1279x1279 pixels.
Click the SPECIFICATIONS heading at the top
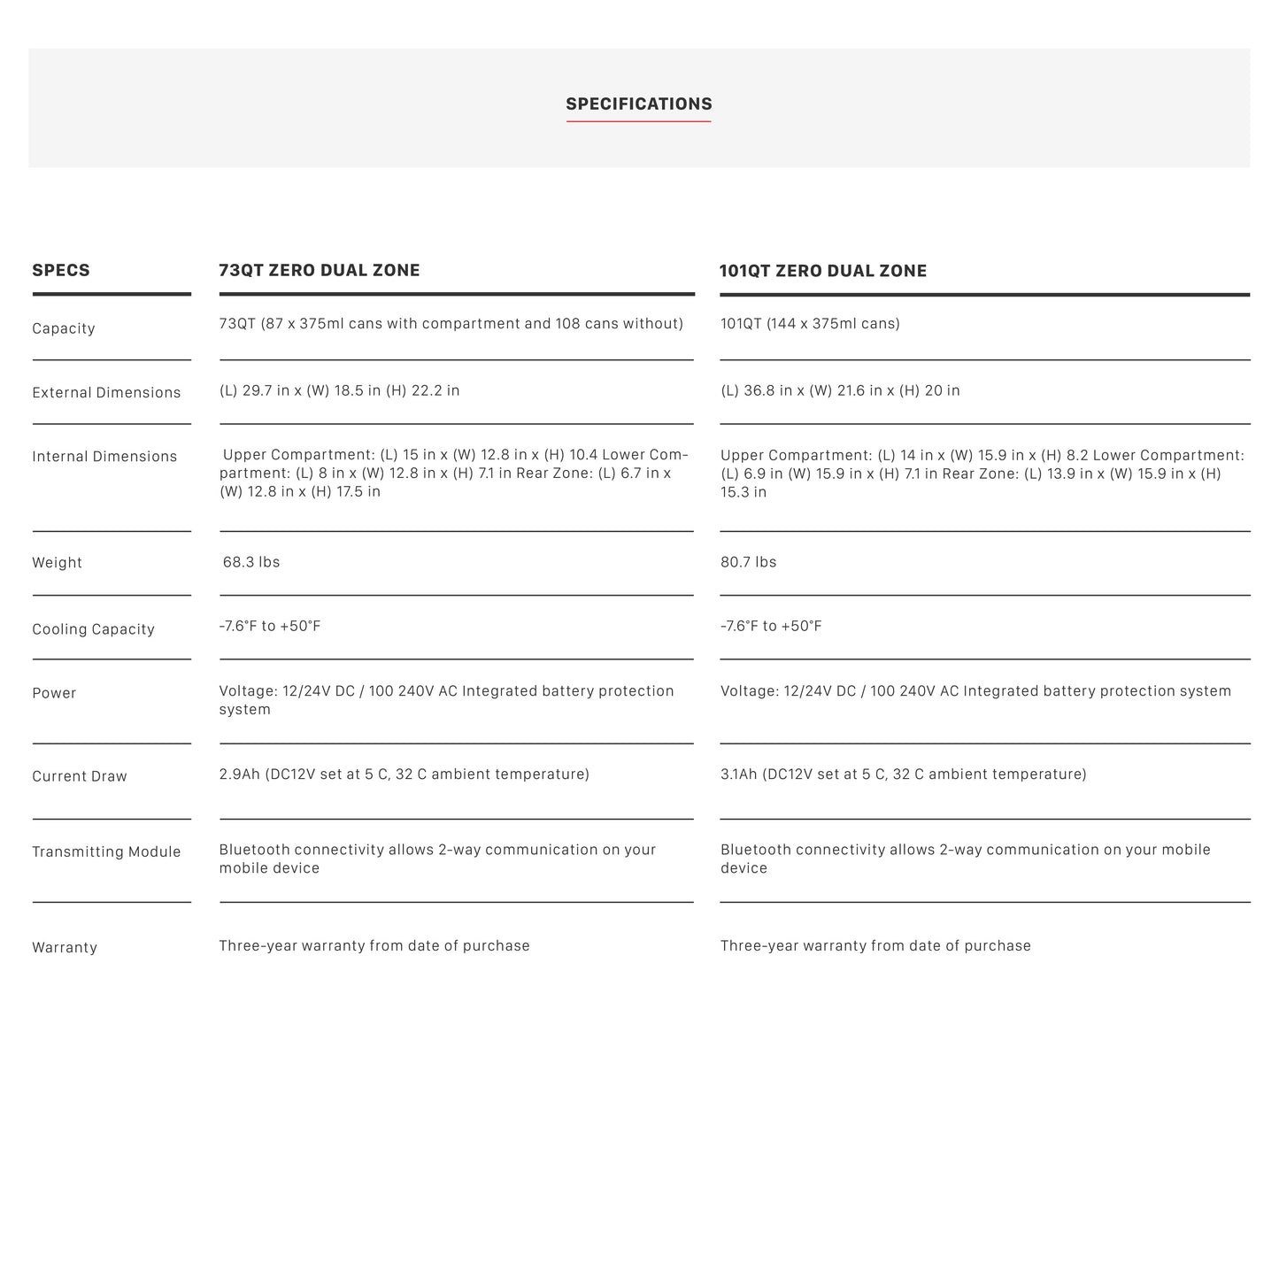click(639, 104)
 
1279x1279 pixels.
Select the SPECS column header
click(61, 271)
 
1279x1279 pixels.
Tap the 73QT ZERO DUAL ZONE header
click(320, 271)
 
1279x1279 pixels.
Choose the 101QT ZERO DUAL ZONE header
click(823, 272)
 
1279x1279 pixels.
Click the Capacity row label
click(64, 328)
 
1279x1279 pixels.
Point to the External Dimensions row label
click(106, 393)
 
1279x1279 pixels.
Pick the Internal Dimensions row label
click(104, 457)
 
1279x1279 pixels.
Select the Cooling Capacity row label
click(93, 629)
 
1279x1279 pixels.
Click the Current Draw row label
click(80, 776)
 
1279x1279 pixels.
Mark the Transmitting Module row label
click(106, 852)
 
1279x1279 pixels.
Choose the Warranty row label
click(65, 948)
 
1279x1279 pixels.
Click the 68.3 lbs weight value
click(251, 562)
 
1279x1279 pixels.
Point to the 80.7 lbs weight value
click(749, 562)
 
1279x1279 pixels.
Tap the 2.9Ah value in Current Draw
click(240, 774)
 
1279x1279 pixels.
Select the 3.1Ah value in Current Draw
click(739, 774)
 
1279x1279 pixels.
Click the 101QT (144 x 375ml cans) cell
click(810, 324)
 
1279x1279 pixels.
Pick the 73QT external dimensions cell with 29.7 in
click(339, 390)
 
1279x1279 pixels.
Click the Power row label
click(54, 693)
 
